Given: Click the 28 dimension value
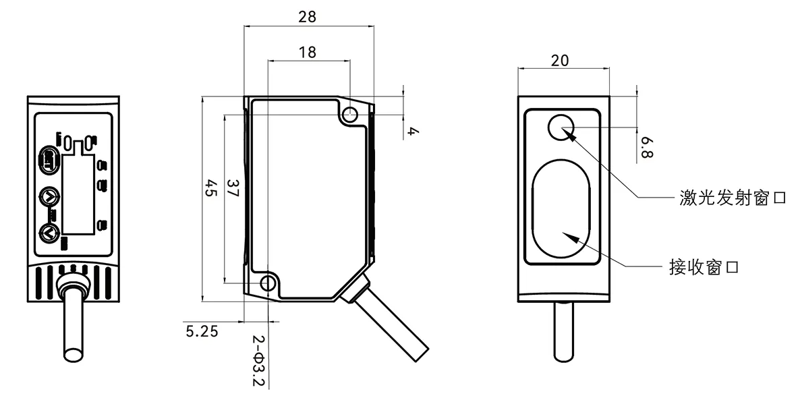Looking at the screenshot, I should (307, 17).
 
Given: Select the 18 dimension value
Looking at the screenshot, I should (307, 52).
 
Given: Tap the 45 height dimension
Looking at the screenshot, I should (210, 188).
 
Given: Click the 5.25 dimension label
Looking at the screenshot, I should (202, 331).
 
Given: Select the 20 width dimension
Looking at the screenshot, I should (560, 60).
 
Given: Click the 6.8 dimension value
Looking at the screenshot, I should (647, 147).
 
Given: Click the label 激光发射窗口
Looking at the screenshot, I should (733, 198).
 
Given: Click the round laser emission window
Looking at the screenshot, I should (561, 127).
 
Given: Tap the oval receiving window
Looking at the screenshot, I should (560, 209).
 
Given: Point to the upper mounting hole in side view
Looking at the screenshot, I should (349, 115).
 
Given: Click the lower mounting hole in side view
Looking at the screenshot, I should (268, 283).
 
